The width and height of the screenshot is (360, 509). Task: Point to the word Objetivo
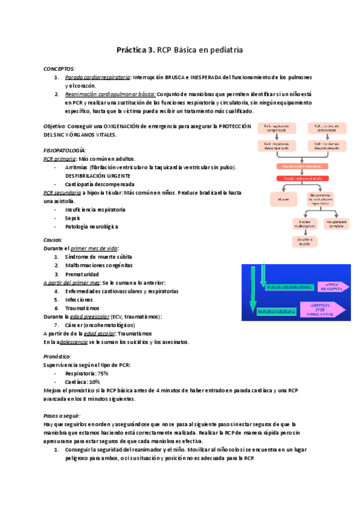(x=55, y=126)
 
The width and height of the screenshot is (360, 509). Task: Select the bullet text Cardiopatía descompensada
(x=100, y=184)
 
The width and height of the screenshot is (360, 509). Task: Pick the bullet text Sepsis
(x=73, y=218)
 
